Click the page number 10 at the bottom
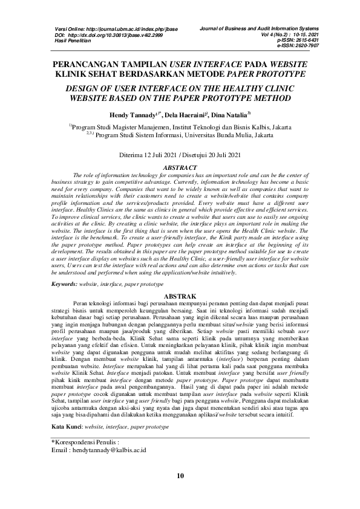(180, 475)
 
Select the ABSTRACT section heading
(180, 167)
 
